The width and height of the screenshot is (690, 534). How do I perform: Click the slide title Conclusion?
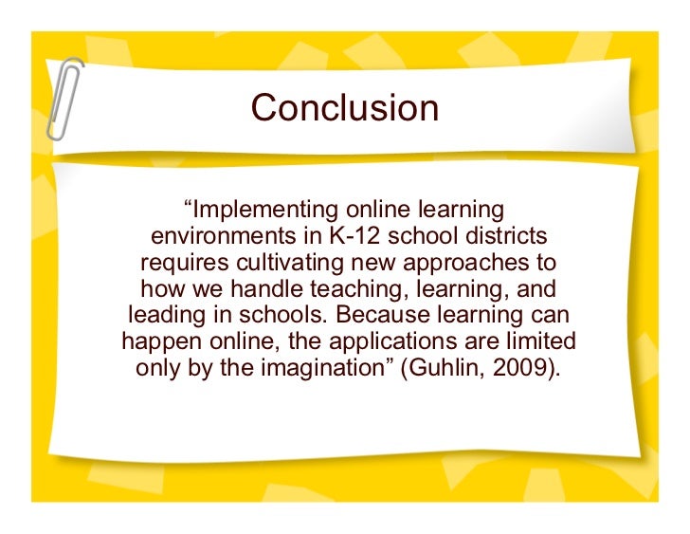(x=345, y=108)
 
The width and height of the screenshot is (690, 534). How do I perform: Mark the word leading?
(x=162, y=315)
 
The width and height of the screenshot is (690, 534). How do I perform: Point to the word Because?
(x=380, y=315)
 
